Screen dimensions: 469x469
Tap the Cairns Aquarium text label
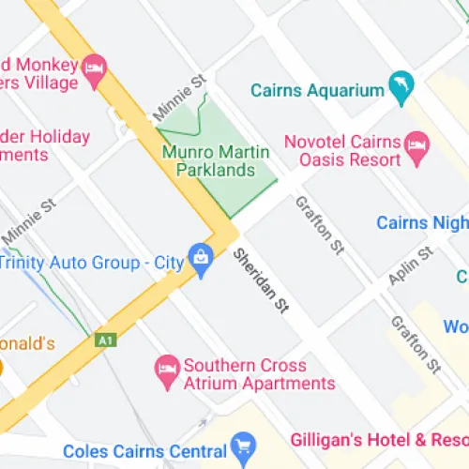pos(318,91)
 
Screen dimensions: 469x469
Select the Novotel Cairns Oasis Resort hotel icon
pos(416,144)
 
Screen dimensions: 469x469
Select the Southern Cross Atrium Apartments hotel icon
pos(166,366)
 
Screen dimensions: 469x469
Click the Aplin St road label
pos(410,266)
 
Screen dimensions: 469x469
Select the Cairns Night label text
pos(421,222)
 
